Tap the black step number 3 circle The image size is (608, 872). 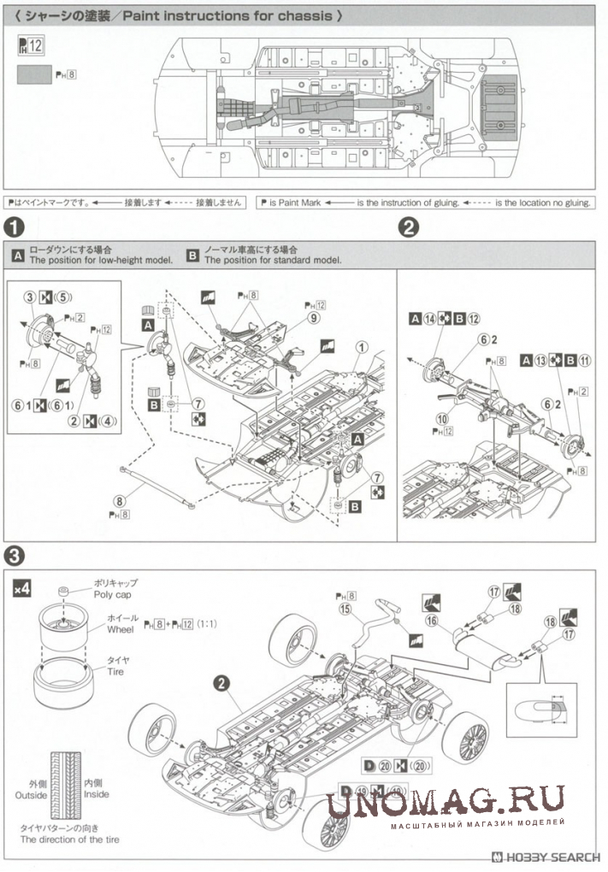click(x=15, y=554)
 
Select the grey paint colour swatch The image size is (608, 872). click(x=34, y=74)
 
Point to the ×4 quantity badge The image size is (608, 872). click(x=22, y=588)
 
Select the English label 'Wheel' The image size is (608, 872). click(x=121, y=628)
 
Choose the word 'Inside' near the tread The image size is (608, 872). click(x=97, y=794)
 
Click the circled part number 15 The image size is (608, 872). click(x=345, y=610)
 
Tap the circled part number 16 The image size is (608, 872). click(x=432, y=620)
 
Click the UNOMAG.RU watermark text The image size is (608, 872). click(x=446, y=801)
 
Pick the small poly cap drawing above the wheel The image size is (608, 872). click(x=65, y=592)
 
